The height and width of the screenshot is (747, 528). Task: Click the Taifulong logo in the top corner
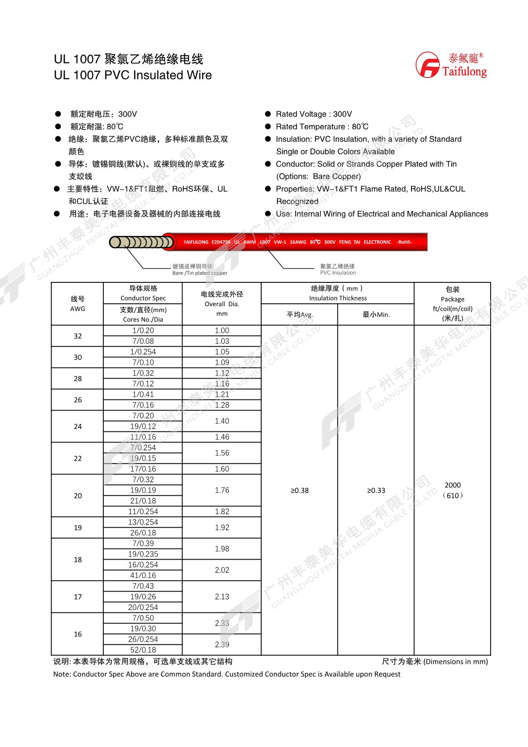pyautogui.click(x=451, y=65)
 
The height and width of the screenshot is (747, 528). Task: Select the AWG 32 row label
pyautogui.click(x=77, y=336)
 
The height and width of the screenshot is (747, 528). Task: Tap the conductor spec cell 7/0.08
pyautogui.click(x=143, y=341)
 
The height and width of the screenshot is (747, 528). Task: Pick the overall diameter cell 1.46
pyautogui.click(x=222, y=437)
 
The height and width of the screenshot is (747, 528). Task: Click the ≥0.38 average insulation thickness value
pyautogui.click(x=300, y=491)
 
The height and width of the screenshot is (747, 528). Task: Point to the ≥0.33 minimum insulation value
pyautogui.click(x=376, y=491)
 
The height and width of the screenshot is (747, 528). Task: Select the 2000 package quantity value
pyautogui.click(x=452, y=485)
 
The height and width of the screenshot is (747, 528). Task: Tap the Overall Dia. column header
pyautogui.click(x=222, y=304)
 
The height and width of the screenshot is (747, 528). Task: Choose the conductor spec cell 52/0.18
pyautogui.click(x=143, y=650)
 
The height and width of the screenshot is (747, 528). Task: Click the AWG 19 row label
pyautogui.click(x=77, y=528)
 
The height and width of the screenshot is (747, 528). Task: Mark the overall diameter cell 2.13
pyautogui.click(x=222, y=597)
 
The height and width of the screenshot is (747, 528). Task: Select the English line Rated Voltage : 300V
pyautogui.click(x=314, y=114)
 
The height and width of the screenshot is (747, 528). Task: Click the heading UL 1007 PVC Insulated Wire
pyautogui.click(x=133, y=75)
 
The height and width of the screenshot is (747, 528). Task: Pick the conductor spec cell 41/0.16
pyautogui.click(x=143, y=575)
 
